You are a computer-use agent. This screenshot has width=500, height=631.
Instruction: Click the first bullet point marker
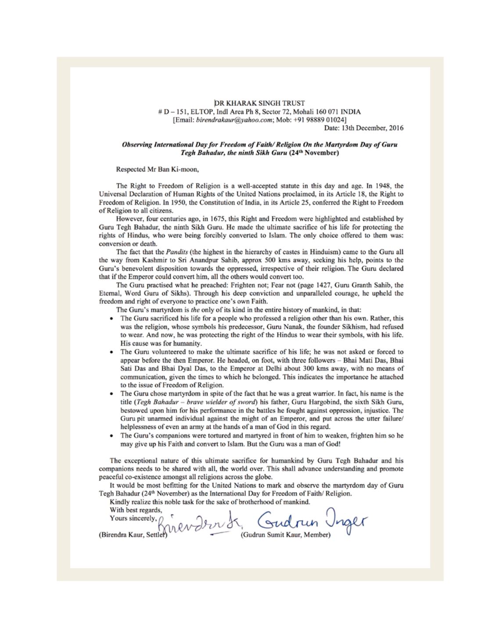pyautogui.click(x=114, y=318)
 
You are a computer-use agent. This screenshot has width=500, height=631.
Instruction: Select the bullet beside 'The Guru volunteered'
pyautogui.click(x=114, y=352)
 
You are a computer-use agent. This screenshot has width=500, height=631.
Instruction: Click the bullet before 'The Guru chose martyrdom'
pyautogui.click(x=114, y=394)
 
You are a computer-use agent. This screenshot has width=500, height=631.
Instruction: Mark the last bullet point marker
pyautogui.click(x=114, y=435)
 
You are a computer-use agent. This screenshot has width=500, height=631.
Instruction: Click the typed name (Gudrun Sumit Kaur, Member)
pyautogui.click(x=285, y=536)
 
